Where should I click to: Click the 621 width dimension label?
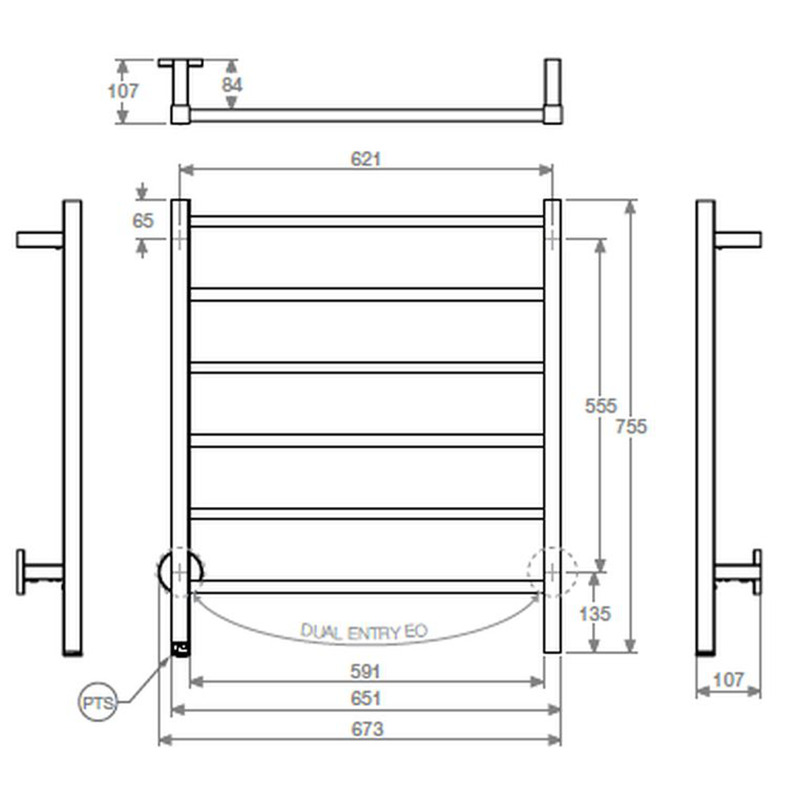coord(366,160)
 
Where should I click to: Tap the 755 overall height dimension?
coord(631,426)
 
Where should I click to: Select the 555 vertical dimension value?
coord(601,406)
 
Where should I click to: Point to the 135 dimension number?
coord(595,614)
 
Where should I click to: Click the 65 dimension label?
coord(143,221)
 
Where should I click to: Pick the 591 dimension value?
coord(366,672)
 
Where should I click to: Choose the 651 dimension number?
coord(366,698)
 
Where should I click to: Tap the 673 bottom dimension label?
coord(367,729)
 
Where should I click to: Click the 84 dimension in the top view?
coord(232,85)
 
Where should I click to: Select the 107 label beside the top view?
coord(123,91)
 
